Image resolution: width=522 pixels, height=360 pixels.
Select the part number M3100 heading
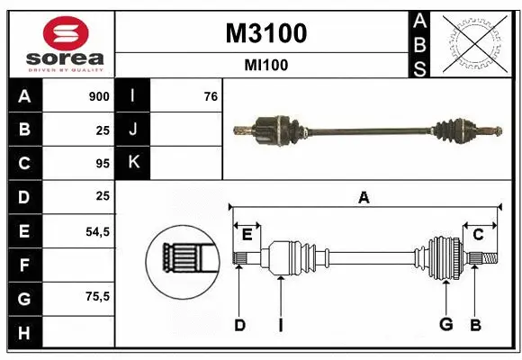265,33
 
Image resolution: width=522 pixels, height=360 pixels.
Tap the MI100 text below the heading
265,65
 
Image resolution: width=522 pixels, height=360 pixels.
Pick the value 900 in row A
99,96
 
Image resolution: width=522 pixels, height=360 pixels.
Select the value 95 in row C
102,164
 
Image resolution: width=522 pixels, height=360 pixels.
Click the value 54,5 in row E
97,231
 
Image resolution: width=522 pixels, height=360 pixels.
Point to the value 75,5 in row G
97,297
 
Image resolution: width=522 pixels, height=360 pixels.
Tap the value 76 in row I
211,96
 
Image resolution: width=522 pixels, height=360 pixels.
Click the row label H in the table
23,333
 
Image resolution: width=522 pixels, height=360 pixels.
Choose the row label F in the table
23,265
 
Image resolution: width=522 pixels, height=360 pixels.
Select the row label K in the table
133,163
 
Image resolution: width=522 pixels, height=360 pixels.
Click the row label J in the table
133,130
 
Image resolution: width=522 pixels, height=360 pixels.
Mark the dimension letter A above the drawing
364,198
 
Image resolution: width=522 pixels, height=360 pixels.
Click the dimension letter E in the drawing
247,235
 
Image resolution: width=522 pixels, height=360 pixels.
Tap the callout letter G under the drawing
445,325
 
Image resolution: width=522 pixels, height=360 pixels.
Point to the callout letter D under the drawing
239,325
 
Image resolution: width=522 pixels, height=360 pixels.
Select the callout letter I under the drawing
280,325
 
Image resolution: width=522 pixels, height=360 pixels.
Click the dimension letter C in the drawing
478,235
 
